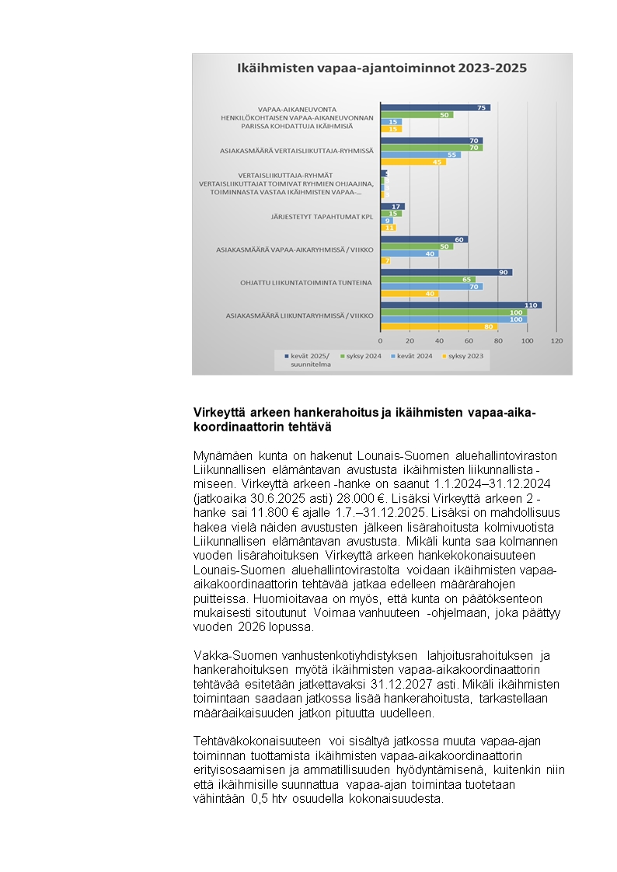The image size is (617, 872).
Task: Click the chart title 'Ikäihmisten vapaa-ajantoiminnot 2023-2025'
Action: [382, 68]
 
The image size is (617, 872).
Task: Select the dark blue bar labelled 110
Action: [461, 305]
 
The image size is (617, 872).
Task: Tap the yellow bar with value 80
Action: [439, 326]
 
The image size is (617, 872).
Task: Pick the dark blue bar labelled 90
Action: [446, 272]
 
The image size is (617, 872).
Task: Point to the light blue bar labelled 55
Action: [420, 155]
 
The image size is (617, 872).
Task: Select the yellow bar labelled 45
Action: [413, 162]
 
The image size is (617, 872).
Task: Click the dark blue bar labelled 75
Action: [435, 107]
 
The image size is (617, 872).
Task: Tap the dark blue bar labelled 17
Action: [392, 206]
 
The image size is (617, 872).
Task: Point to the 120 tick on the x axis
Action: [556, 341]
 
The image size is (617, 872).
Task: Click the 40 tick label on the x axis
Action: [439, 341]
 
